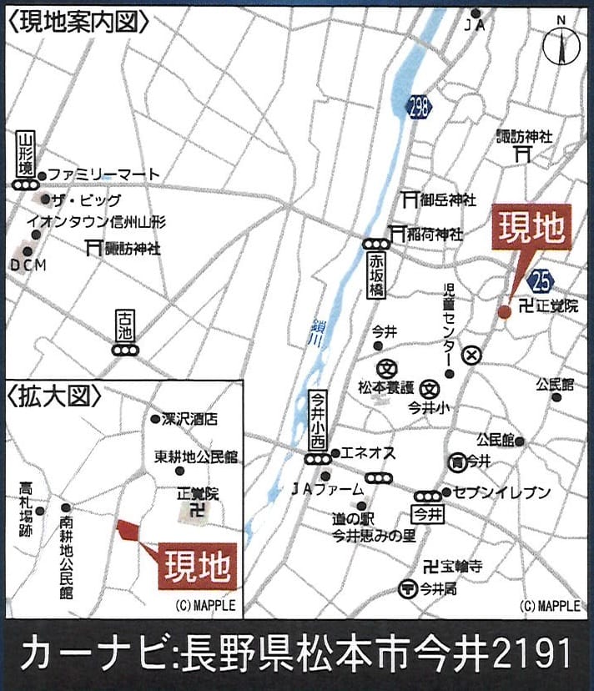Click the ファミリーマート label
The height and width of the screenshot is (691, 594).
coord(103,174)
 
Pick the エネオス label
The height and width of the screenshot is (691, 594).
coord(365,453)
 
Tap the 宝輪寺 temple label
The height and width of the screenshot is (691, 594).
coord(461,566)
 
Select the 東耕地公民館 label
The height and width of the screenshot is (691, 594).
coord(196,457)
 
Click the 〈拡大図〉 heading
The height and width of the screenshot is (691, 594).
coord(53,394)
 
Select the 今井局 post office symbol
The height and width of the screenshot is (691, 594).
coord(408,588)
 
